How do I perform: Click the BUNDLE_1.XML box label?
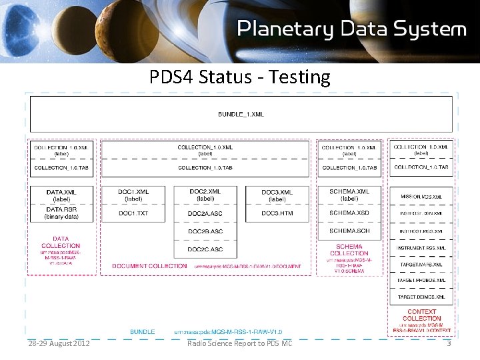241,114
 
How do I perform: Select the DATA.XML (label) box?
61,195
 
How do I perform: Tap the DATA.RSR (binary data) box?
61,213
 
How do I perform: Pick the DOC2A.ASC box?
205,213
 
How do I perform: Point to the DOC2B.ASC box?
205,231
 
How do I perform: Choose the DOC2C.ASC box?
205,249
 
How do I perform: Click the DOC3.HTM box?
277,213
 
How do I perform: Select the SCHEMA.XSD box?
349,213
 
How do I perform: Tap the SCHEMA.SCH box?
349,231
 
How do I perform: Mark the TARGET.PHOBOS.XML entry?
421,281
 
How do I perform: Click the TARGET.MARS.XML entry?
421,264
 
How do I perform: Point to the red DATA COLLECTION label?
61,242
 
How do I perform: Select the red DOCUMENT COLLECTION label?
149,266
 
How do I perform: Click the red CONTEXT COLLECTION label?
421,315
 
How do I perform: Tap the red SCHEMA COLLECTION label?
349,250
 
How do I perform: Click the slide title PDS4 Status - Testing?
240,77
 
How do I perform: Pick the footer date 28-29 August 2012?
59,343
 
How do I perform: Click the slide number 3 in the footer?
449,343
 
